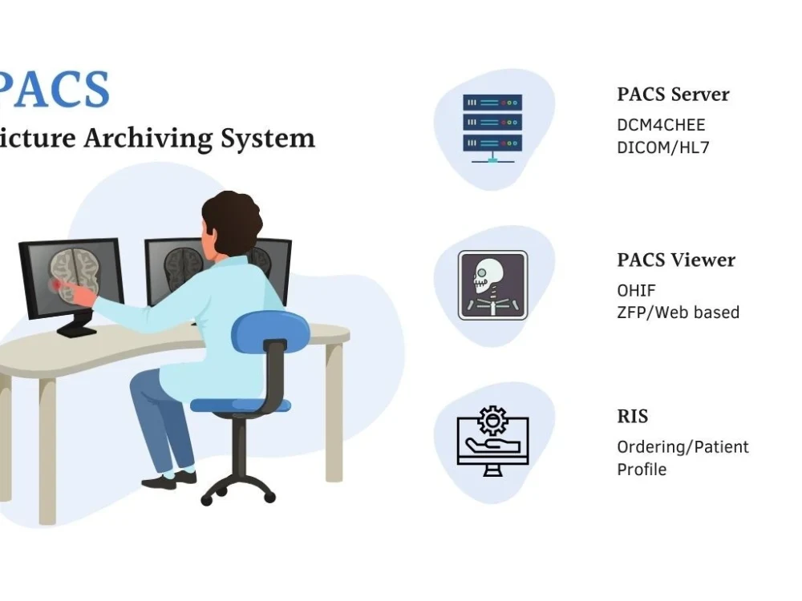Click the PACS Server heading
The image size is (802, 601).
tap(673, 95)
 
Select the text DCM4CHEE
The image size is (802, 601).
tap(661, 125)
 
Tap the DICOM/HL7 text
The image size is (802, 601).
tap(663, 147)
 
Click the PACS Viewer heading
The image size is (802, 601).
tap(676, 260)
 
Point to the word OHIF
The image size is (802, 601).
tap(636, 290)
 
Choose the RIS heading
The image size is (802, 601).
tap(633, 417)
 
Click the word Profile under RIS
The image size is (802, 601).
tap(642, 469)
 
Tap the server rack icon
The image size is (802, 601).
tap(492, 128)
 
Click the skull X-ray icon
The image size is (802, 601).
tap(492, 285)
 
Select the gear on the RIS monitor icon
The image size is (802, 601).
tap(492, 421)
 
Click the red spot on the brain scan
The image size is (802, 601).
tap(56, 284)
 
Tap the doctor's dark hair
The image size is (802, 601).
tap(231, 221)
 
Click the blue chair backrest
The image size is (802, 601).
tap(270, 333)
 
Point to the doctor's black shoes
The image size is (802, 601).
tap(169, 480)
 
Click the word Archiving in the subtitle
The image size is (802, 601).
tap(148, 139)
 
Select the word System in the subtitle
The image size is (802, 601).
tap(268, 139)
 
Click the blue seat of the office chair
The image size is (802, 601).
tap(241, 405)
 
